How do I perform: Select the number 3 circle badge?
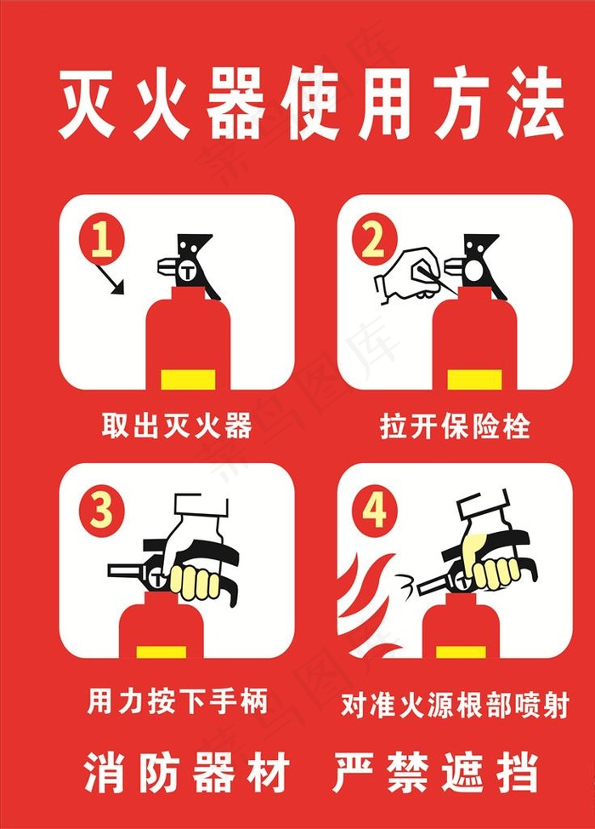point(102,512)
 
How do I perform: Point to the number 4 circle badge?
point(374,512)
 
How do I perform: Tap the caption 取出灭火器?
point(177,425)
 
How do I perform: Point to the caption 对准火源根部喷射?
point(455,705)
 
